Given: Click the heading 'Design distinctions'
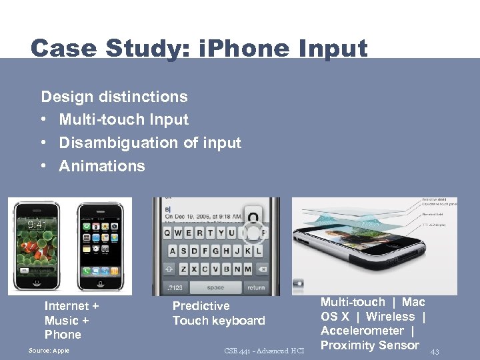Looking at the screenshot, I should point(114,97).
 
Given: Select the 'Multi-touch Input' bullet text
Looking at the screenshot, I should point(123,120).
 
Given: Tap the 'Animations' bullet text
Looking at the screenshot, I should point(101,166).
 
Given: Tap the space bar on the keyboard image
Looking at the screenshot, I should point(215,287).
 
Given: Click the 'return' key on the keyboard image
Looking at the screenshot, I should point(255,287).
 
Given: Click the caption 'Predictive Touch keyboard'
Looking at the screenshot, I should point(219,313).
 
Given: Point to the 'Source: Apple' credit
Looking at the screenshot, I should point(49,351).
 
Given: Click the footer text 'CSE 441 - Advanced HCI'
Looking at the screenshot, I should point(265,351).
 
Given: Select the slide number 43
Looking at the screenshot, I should point(435,351).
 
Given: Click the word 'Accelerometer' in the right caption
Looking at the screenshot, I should point(362,331).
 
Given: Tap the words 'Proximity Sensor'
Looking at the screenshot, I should point(370,345).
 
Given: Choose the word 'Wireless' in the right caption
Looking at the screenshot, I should point(390,317).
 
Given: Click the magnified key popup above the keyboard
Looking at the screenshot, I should point(253,217).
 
